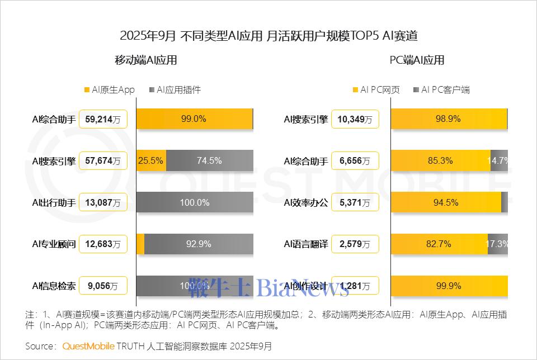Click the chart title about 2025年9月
268,36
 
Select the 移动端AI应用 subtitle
146,60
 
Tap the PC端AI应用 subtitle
417,60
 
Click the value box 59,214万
103,119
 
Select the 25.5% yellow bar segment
151,160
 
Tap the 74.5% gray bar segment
209,160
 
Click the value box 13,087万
103,202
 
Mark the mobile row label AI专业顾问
54,244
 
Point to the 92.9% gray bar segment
198,244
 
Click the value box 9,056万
103,286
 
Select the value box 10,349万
355,119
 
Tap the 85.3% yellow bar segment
440,160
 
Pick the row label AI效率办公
305,202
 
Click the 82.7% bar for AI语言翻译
439,244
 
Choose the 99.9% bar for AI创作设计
449,286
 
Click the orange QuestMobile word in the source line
88,346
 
